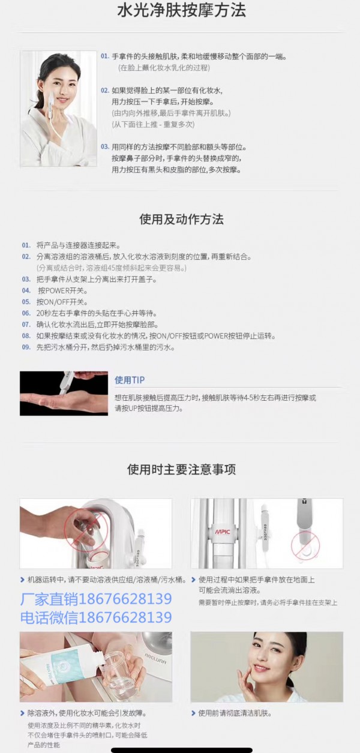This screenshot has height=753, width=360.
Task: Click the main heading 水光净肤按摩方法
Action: pyautogui.click(x=182, y=10)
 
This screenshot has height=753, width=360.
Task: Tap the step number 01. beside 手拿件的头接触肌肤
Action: pyautogui.click(x=105, y=56)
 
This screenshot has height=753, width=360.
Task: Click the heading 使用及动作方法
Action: pyautogui.click(x=182, y=220)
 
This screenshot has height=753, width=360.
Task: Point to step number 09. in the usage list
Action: pyautogui.click(x=26, y=347)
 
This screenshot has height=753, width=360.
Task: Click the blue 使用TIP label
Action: pyautogui.click(x=130, y=380)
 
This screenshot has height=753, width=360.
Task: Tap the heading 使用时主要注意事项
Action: pyautogui.click(x=182, y=470)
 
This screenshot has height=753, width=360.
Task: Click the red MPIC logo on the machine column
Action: pyautogui.click(x=223, y=532)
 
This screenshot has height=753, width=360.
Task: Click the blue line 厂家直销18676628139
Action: pyautogui.click(x=96, y=599)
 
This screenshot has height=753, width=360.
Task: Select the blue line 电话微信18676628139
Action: pyautogui.click(x=96, y=617)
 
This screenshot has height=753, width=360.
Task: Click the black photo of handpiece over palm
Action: pyautogui.click(x=64, y=394)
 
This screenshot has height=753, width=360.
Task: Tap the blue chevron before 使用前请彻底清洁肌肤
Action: pyautogui.click(x=193, y=713)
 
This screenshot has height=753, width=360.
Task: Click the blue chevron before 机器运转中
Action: pyautogui.click(x=22, y=580)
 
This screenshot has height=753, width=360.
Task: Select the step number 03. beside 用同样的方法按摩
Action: pyautogui.click(x=105, y=147)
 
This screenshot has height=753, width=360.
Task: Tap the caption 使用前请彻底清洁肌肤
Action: pyautogui.click(x=235, y=713)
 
